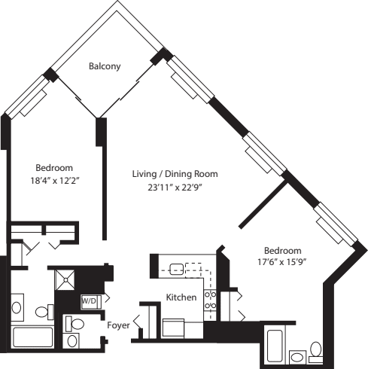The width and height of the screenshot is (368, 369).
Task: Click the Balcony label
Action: (105, 66)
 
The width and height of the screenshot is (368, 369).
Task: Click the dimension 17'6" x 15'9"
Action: (282, 263)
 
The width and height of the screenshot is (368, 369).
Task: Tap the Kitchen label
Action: (181, 297)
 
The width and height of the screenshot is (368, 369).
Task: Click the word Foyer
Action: (119, 326)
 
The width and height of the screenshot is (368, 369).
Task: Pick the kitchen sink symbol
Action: (178, 268)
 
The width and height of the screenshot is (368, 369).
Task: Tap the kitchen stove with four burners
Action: (211, 300)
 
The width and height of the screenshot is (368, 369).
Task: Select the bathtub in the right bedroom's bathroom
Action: (273, 346)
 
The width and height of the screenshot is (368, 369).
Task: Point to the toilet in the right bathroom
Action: (316, 350)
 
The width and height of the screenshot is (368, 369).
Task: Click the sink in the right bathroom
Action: (298, 356)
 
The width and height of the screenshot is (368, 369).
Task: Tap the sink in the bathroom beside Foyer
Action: (73, 341)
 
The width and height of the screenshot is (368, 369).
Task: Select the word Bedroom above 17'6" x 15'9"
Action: (282, 250)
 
